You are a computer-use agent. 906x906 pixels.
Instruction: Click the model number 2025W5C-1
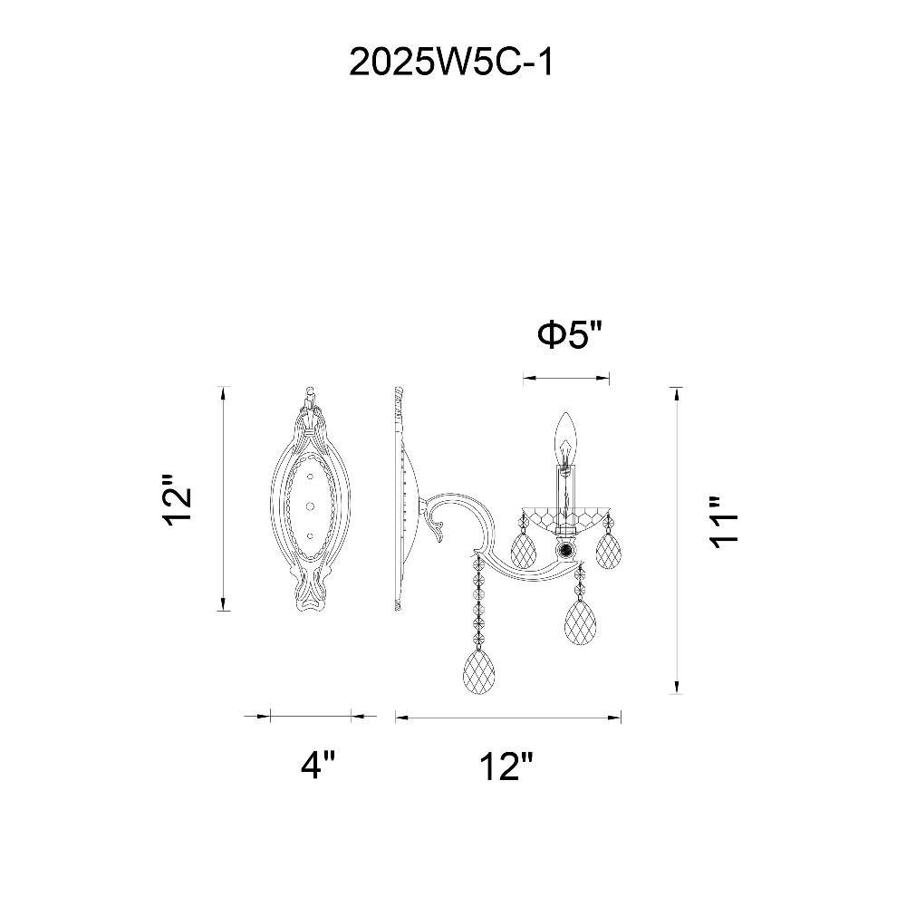[x=451, y=63]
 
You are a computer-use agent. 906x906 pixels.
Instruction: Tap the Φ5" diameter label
[x=570, y=334]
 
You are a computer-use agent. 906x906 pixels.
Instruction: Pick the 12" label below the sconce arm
[x=506, y=766]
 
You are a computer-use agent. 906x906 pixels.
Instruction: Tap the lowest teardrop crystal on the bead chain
[x=479, y=670]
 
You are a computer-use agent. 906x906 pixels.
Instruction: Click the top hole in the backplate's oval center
[x=311, y=477]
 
